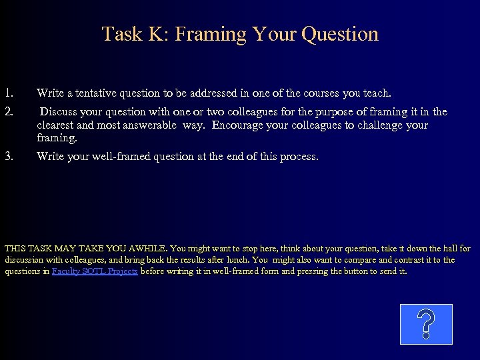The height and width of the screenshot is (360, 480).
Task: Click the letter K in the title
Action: (x=151, y=34)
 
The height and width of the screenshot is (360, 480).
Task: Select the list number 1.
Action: (x=9, y=93)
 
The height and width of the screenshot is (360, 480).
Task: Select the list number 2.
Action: (x=9, y=111)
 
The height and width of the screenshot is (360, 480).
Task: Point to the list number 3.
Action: (x=9, y=157)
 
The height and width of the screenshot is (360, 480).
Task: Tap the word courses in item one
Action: (x=333, y=93)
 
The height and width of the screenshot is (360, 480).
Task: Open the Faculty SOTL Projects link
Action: (x=95, y=271)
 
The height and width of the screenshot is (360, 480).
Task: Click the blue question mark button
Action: (x=426, y=324)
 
